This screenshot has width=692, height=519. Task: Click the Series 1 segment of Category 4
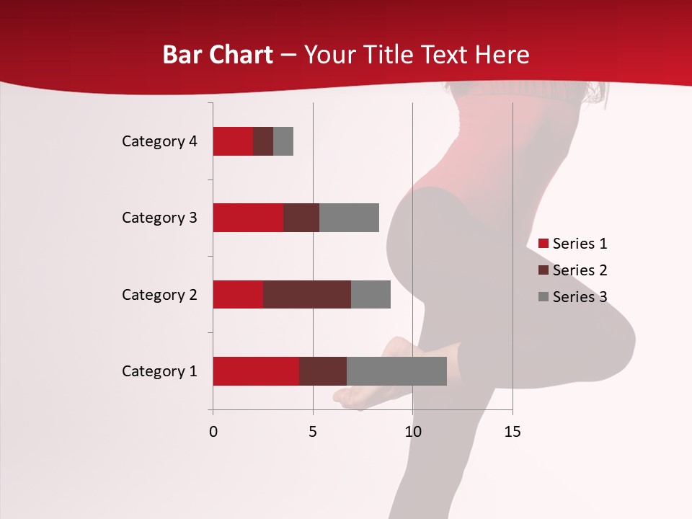point(233,141)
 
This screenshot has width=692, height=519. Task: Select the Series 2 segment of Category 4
point(263,141)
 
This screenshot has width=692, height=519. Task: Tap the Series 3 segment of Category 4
point(283,141)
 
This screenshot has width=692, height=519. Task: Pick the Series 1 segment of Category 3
point(248,218)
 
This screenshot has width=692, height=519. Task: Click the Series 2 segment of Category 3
point(301,218)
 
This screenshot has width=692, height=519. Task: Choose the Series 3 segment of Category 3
point(349,218)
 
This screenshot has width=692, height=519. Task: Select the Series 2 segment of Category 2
point(307,294)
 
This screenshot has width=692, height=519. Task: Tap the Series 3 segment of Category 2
point(371,294)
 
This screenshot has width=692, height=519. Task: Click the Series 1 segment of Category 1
point(256,371)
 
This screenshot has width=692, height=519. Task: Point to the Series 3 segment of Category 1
point(396,371)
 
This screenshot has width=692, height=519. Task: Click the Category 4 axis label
point(159,141)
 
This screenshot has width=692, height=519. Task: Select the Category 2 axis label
point(159,294)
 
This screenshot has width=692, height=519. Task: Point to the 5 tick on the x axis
point(313,432)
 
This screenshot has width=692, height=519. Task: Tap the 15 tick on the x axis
point(512,432)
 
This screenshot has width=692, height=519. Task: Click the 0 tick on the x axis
point(213,432)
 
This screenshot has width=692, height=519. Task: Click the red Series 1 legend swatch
point(544,244)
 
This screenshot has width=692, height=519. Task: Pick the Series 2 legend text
point(580,270)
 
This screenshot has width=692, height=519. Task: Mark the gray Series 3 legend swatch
point(544,297)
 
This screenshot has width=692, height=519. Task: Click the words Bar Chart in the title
point(218,54)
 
